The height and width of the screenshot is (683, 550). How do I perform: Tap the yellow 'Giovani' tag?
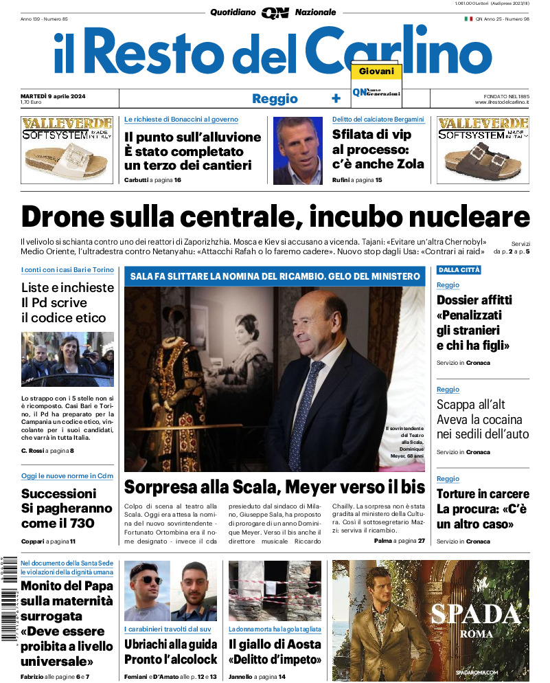coord(376,71)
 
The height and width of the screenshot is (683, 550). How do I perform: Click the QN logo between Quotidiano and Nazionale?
coord(275,12)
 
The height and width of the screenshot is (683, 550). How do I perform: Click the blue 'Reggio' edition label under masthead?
coord(275,98)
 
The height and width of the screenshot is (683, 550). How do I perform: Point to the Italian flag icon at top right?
coord(468,19)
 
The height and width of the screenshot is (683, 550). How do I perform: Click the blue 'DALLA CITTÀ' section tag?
coord(459,270)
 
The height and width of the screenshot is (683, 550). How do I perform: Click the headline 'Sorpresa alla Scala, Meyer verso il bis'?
coord(275,487)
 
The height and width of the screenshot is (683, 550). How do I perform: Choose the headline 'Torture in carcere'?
coord(483,494)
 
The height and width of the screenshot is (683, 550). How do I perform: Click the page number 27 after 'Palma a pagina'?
coord(421,541)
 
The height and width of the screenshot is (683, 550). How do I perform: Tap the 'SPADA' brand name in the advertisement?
coord(476,613)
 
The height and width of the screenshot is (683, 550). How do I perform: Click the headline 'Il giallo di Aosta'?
coord(275,645)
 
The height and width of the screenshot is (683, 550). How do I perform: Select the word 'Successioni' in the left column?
coord(59,493)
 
